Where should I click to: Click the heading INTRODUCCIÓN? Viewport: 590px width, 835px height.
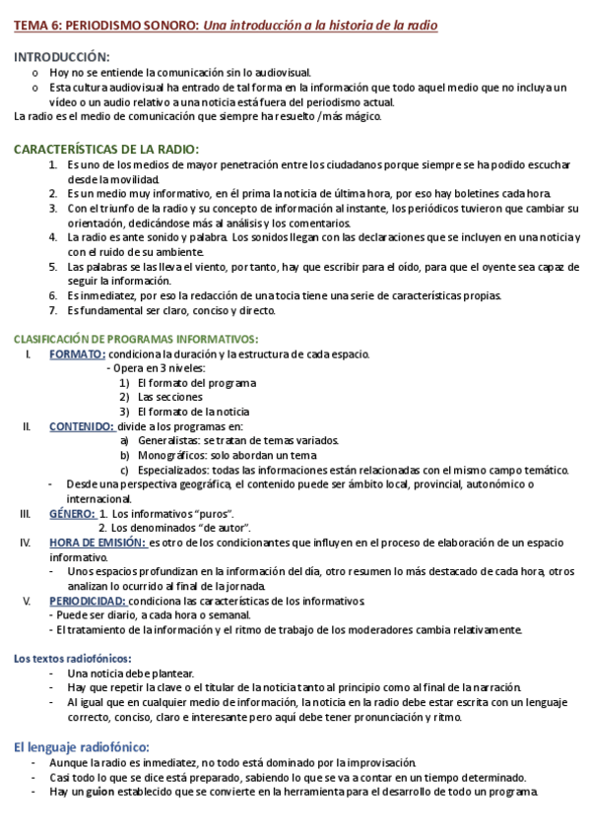[62, 58]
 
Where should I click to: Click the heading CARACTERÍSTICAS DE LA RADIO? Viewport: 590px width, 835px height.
[106, 149]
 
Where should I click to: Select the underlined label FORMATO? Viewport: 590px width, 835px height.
[78, 354]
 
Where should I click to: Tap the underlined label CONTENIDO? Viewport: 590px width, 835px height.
[83, 426]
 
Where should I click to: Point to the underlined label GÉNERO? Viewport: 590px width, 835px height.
[72, 513]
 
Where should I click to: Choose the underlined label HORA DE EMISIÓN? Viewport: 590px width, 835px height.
[97, 543]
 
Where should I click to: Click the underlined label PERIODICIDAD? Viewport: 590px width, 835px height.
[88, 601]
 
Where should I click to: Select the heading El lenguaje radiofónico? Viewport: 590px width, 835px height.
[81, 747]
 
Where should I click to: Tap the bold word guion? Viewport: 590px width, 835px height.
[101, 793]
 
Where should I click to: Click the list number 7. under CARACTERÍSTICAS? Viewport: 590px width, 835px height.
[53, 310]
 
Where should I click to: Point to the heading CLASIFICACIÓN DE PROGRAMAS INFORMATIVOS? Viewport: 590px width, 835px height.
[121, 339]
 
